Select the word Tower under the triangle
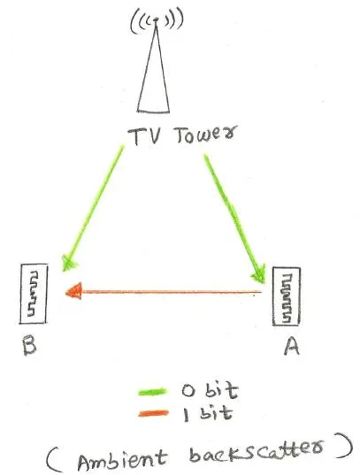[x=204, y=135]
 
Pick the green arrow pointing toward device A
[x=234, y=218]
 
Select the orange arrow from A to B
[x=164, y=292]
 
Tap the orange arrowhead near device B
[x=74, y=291]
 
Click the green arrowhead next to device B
[x=68, y=263]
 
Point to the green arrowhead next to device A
[x=258, y=275]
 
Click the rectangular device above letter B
[x=34, y=294]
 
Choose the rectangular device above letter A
[x=287, y=296]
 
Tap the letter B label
[x=30, y=346]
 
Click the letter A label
[x=292, y=346]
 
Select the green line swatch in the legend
[x=152, y=392]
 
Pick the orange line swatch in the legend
[x=153, y=413]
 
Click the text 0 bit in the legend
[x=210, y=390]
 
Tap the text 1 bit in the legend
[x=208, y=413]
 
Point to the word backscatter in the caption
[x=257, y=450]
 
